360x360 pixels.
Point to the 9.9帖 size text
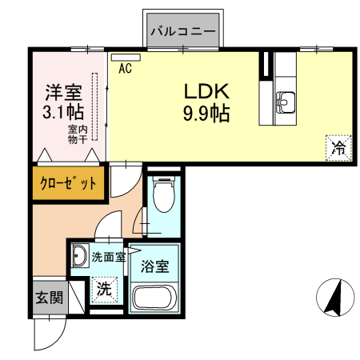pyautogui.click(x=206, y=114)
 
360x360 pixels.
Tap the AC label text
pyautogui.click(x=125, y=69)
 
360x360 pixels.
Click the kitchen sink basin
pyautogui.click(x=286, y=102)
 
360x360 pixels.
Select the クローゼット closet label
pyautogui.click(x=70, y=182)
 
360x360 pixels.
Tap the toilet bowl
pyautogui.click(x=163, y=195)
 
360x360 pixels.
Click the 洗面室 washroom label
pyautogui.click(x=108, y=258)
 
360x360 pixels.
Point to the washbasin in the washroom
pyautogui.click(x=78, y=257)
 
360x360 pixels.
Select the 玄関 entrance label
pyautogui.click(x=48, y=298)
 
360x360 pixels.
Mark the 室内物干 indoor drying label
pyautogui.click(x=78, y=134)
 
